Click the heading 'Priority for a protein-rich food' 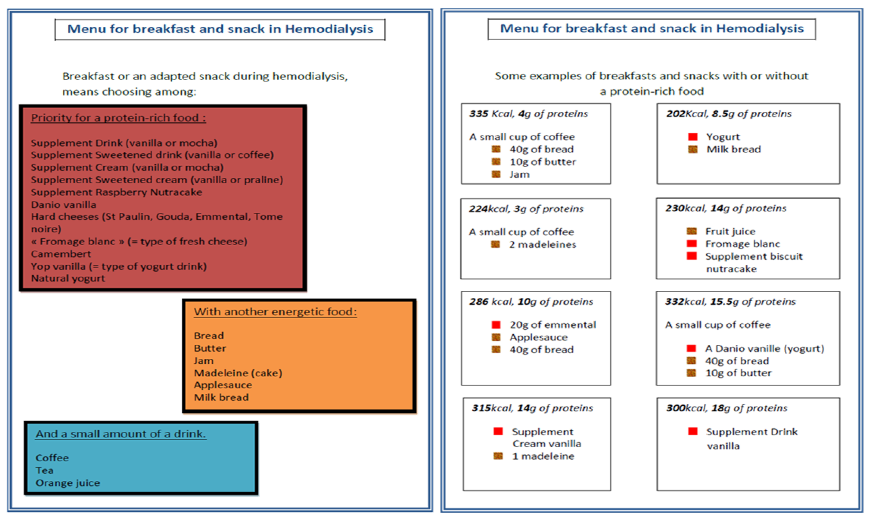point(118,118)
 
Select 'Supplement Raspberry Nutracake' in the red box point(117,192)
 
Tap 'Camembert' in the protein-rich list point(61,254)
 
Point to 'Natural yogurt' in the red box point(68,278)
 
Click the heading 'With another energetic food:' point(275,312)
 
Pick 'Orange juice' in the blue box point(67,483)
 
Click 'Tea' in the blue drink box point(44,470)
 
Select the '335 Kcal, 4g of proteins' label point(529,114)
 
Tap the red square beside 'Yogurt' point(693,137)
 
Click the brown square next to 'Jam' point(496,174)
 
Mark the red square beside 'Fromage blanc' point(691,244)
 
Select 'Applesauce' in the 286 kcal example point(538,337)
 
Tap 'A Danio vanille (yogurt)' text point(765,348)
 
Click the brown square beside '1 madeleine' point(498,456)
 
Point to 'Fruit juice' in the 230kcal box point(730,231)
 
